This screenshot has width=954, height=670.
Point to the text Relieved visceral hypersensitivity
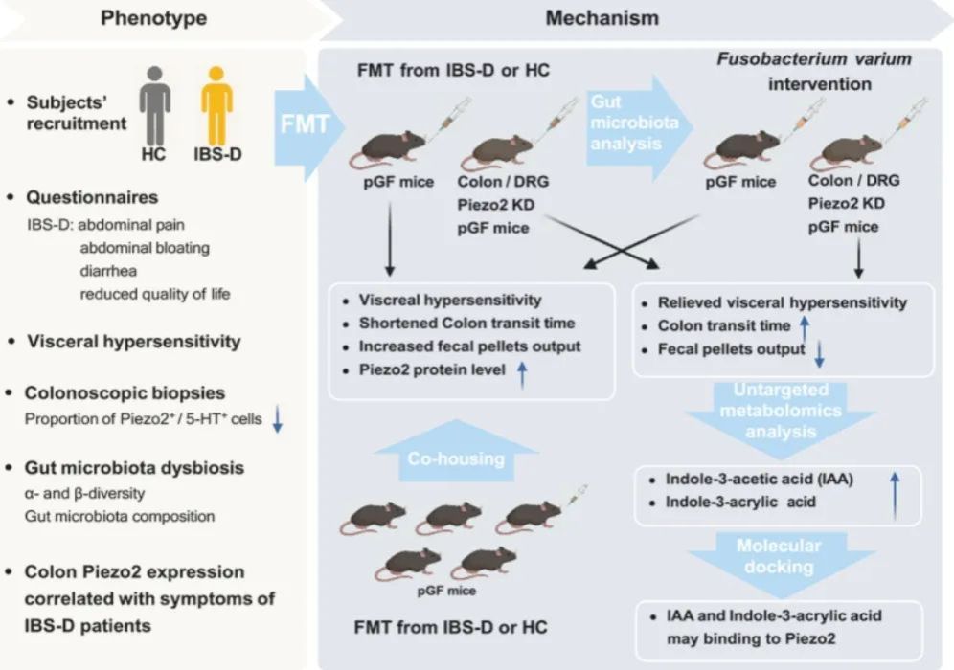782,303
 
